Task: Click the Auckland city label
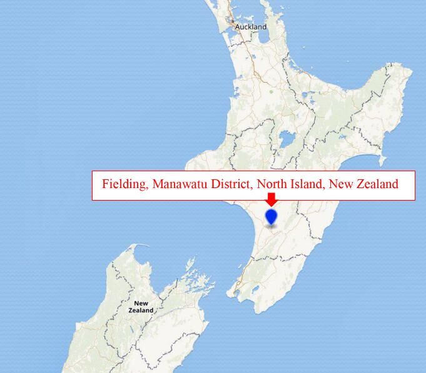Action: pyautogui.click(x=251, y=27)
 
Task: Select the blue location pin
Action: pyautogui.click(x=271, y=216)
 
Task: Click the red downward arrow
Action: pyautogui.click(x=271, y=198)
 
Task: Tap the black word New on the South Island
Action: pyautogui.click(x=141, y=304)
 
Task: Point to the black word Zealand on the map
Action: pyautogui.click(x=141, y=311)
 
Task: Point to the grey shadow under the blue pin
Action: pyautogui.click(x=271, y=226)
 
